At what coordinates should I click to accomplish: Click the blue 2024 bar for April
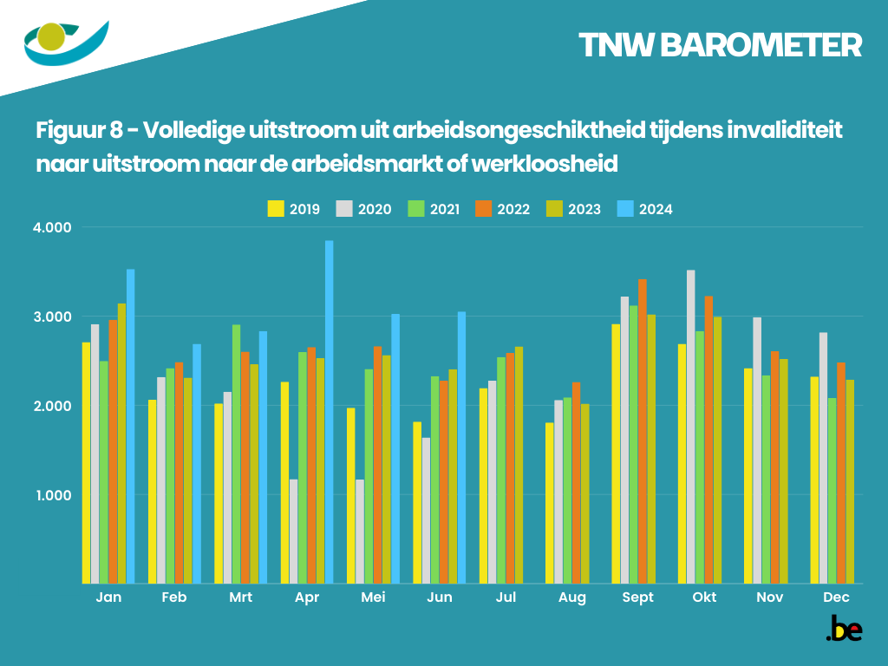(x=330, y=412)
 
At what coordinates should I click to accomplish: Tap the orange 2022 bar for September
(x=642, y=431)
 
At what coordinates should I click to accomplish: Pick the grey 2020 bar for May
(x=360, y=532)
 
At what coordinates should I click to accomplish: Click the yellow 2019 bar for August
(x=550, y=503)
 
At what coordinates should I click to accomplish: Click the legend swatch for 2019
(x=276, y=209)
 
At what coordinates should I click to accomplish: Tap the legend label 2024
(x=656, y=209)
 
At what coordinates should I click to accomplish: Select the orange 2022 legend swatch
(x=483, y=209)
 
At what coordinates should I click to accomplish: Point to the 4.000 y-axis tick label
(x=53, y=227)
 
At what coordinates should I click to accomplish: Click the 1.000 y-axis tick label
(x=53, y=495)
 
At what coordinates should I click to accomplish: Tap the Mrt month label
(x=241, y=597)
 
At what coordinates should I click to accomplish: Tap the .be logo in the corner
(x=843, y=630)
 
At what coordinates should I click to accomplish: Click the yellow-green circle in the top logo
(x=53, y=36)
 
